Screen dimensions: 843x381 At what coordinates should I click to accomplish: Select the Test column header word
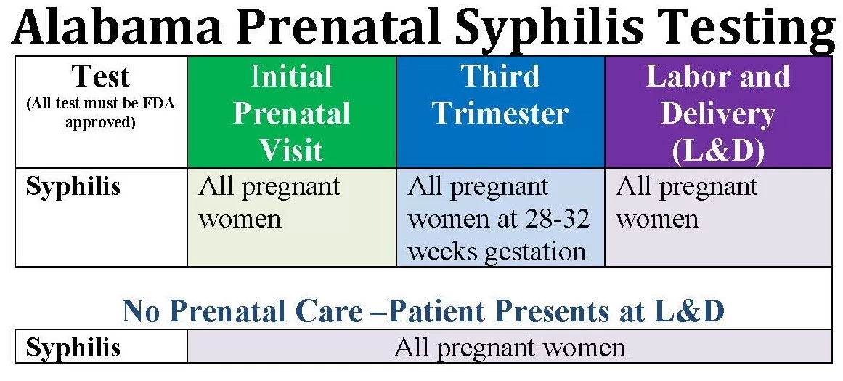101,76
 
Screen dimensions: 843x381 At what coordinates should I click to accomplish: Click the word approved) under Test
100,122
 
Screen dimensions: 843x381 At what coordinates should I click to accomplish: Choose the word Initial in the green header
291,76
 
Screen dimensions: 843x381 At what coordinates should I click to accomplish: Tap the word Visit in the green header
292,150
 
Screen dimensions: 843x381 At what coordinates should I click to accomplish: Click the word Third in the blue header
500,76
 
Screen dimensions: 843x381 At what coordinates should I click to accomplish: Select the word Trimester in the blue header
500,113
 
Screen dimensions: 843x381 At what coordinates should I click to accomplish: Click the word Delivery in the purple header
717,113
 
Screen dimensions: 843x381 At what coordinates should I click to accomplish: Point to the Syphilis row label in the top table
73,188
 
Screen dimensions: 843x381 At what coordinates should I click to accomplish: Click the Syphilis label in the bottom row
73,348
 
